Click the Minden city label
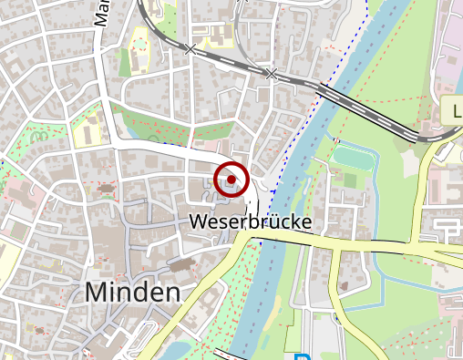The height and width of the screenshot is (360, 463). (x=132, y=293)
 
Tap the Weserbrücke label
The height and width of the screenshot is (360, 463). (x=251, y=221)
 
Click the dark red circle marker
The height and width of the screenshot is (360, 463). (x=231, y=179)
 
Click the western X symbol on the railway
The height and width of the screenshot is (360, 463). (x=190, y=48)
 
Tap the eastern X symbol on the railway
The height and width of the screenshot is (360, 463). (x=271, y=74)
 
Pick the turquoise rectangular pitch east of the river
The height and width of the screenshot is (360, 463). (x=355, y=159)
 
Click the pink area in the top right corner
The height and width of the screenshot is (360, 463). (x=450, y=36)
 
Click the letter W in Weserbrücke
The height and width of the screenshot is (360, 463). (x=200, y=221)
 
